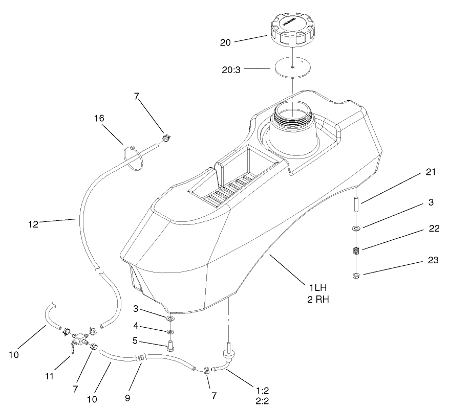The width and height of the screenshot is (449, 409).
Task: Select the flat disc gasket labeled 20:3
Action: click(291, 67)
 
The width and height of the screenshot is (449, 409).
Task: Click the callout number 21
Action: click(431, 172)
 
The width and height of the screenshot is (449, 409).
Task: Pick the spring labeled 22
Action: click(356, 251)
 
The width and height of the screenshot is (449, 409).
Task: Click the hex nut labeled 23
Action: click(356, 277)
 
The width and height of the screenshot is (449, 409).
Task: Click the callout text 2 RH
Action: click(317, 300)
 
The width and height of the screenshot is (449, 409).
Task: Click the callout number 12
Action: click(33, 223)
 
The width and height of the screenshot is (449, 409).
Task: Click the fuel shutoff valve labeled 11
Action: click(78, 339)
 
